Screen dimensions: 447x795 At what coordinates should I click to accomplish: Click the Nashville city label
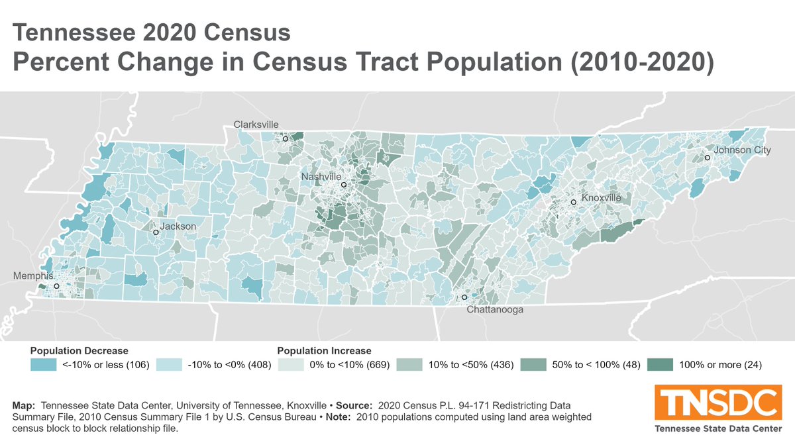coord(321,177)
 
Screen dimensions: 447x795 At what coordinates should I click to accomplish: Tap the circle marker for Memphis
coord(56,286)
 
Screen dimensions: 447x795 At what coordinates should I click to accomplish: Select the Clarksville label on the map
coord(256,124)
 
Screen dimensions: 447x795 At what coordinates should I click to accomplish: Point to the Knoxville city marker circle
coord(573,202)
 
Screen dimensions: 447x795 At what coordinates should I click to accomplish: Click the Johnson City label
coord(742,150)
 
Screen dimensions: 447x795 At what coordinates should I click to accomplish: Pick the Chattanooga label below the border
coord(495,309)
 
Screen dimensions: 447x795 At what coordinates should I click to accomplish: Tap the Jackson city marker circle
coord(156,232)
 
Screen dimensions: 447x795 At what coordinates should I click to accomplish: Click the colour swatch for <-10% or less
coord(43,364)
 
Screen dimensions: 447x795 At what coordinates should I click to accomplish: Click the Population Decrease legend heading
coord(79,350)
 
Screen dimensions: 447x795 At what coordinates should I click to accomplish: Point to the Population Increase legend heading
coord(324,350)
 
